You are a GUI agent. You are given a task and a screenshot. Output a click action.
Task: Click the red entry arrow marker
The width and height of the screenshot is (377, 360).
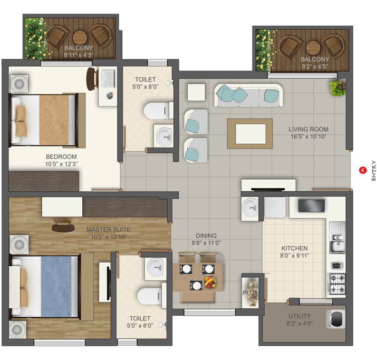pos(363,170)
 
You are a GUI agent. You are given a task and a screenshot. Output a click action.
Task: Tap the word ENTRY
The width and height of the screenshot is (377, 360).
pos(373,170)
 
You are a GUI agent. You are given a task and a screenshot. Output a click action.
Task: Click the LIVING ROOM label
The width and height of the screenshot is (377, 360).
pos(308,129)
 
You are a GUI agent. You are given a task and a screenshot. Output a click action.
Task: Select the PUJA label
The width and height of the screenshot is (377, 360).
pos(250,293)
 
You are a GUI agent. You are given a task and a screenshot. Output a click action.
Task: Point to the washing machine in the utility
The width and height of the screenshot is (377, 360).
pos(336,319)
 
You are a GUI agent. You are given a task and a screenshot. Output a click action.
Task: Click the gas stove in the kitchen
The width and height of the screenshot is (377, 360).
pos(337,284)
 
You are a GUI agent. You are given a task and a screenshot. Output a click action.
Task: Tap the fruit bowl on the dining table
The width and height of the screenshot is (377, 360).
pos(210,282)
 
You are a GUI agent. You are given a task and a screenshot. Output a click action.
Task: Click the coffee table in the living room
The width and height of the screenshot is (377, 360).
pos(250,134)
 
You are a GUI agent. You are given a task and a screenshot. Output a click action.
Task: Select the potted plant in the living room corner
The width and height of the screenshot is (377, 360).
pos(337,87)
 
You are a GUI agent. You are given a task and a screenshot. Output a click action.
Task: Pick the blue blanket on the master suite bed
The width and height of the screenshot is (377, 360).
pos(56,286)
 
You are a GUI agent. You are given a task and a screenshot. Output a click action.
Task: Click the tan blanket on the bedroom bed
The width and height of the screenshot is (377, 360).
pos(54,120)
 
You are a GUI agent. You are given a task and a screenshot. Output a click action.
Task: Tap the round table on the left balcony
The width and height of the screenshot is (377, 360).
pos(80,37)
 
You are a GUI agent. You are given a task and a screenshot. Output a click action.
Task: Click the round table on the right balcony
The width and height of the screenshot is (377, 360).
pos(313,48)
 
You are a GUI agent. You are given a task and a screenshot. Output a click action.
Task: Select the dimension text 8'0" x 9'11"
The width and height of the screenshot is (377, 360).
pos(295,256)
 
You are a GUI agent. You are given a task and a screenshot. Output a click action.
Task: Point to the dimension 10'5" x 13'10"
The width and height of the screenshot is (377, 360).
pos(109,237)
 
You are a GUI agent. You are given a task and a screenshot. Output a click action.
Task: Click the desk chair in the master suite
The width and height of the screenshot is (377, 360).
pos(63,225)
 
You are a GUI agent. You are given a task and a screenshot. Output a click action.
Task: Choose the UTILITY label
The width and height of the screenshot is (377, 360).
pos(299,316)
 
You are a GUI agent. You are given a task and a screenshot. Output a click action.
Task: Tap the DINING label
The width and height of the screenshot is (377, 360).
pos(206,236)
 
